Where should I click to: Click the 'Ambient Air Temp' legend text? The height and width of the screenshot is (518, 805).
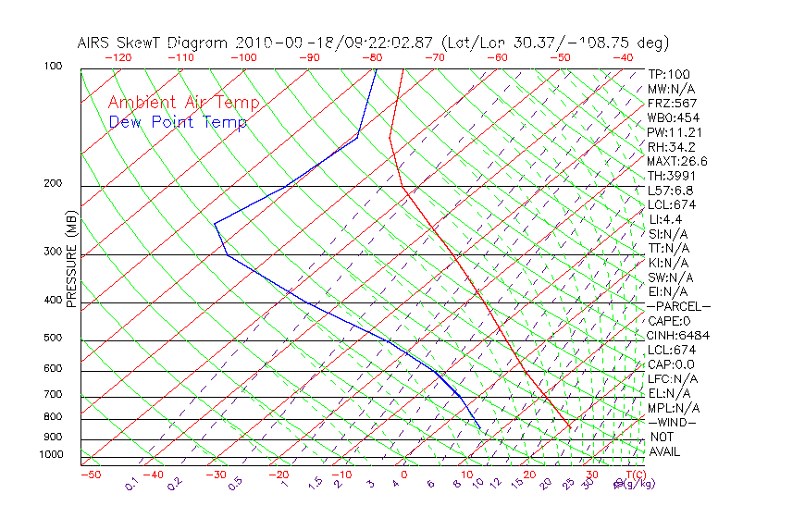[183, 103]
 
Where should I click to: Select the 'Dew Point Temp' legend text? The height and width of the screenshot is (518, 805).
[178, 122]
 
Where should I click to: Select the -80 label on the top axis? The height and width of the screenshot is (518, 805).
[372, 57]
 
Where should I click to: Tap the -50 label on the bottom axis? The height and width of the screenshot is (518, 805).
[90, 475]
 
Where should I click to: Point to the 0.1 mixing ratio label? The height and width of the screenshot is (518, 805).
[131, 484]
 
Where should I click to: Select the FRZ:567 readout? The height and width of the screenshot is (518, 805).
[673, 104]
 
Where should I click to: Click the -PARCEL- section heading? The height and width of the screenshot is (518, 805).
[678, 306]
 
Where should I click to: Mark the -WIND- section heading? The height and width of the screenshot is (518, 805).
[673, 422]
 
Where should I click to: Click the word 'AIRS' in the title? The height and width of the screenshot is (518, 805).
[95, 43]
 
